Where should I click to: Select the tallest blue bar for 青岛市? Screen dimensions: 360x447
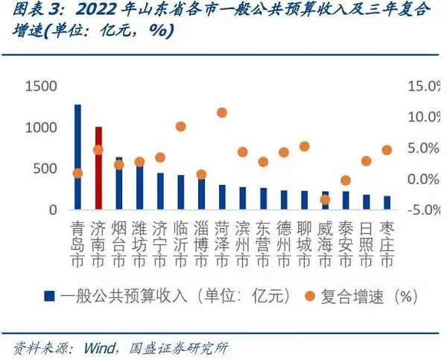pyautogui.click(x=77, y=157)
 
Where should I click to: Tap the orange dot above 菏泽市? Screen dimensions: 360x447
pyautogui.click(x=221, y=113)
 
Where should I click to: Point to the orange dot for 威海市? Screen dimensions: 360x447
pyautogui.click(x=324, y=200)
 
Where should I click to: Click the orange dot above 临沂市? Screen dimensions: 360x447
pyautogui.click(x=180, y=127)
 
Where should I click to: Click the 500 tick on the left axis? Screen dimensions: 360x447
pyautogui.click(x=47, y=169)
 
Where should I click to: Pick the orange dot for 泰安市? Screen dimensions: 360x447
pyautogui.click(x=345, y=180)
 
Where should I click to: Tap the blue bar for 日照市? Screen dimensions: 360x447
pyautogui.click(x=366, y=202)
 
